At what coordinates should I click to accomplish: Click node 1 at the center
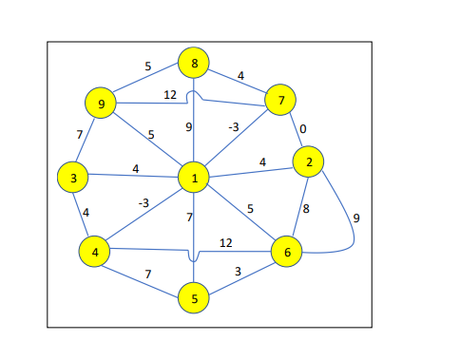pyautogui.click(x=193, y=178)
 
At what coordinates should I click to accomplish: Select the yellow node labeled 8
pyautogui.click(x=193, y=65)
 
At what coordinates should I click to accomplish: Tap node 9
pyautogui.click(x=100, y=103)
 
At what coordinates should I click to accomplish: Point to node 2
pyautogui.click(x=309, y=162)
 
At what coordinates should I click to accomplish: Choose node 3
pyautogui.click(x=72, y=177)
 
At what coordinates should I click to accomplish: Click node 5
pyautogui.click(x=193, y=298)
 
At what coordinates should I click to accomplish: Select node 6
pyautogui.click(x=287, y=252)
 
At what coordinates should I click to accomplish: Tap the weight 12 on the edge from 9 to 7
pyautogui.click(x=170, y=94)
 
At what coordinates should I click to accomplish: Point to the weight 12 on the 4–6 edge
pyautogui.click(x=227, y=243)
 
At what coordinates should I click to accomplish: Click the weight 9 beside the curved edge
pyautogui.click(x=356, y=218)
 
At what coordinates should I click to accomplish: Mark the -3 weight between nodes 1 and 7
pyautogui.click(x=233, y=126)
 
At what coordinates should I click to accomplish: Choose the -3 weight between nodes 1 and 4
pyautogui.click(x=144, y=201)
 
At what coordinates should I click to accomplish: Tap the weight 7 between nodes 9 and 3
pyautogui.click(x=80, y=135)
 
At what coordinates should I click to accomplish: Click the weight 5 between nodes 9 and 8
pyautogui.click(x=147, y=66)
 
